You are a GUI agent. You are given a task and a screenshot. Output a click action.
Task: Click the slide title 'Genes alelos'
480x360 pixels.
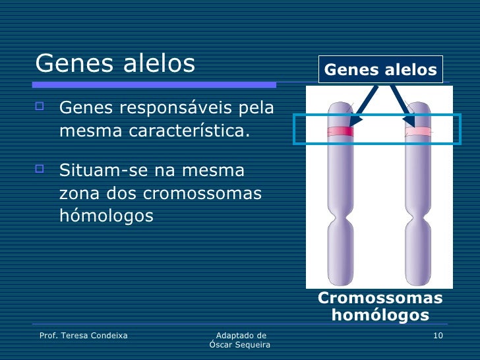[115, 63]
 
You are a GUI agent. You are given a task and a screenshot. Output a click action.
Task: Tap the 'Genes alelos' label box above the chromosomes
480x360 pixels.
[380, 70]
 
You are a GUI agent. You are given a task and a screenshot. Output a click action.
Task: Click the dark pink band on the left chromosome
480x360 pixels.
[340, 131]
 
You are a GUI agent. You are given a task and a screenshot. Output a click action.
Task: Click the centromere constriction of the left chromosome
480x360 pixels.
[340, 218]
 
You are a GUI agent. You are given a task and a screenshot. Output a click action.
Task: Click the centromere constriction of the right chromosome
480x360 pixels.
[418, 218]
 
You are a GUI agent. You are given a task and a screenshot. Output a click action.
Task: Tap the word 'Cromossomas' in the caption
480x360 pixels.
[380, 299]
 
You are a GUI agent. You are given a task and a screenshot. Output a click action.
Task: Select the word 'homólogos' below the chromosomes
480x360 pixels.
[380, 315]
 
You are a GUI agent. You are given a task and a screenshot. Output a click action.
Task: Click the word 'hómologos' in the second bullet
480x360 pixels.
[106, 216]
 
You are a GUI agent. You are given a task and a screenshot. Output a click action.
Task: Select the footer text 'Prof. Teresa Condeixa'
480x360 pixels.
[84, 336]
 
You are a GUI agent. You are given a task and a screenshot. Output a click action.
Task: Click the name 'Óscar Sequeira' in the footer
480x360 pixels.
[240, 345]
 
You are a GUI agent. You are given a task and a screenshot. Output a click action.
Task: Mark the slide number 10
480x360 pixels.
[438, 336]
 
